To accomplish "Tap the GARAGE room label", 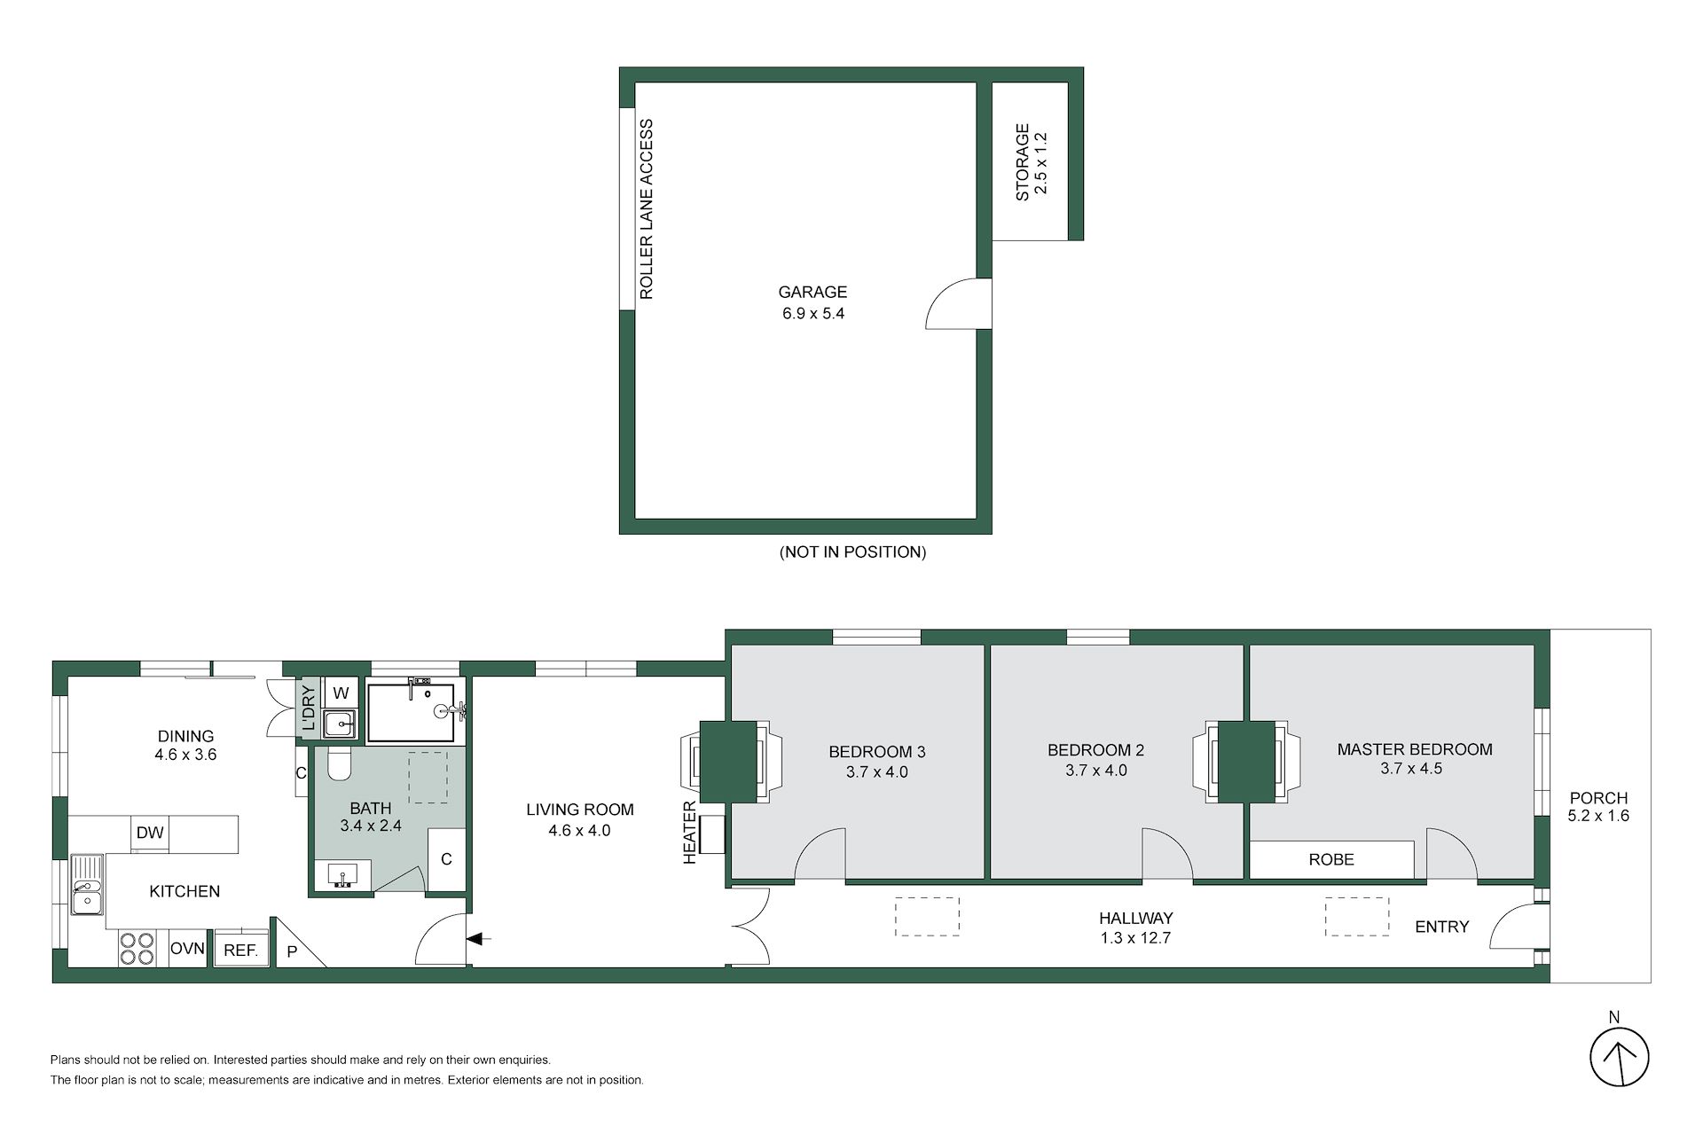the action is (x=812, y=292).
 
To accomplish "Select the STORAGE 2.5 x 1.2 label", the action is (x=1032, y=162).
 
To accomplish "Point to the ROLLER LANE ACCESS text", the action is (x=647, y=209).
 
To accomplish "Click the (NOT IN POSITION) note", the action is (x=852, y=552).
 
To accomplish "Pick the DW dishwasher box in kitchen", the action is (x=150, y=833).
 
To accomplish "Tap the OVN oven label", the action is (x=187, y=948).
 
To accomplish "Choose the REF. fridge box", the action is (x=240, y=949).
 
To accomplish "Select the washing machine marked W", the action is (x=341, y=693).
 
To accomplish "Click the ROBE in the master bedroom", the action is (x=1331, y=859).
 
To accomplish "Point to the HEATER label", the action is (x=690, y=833).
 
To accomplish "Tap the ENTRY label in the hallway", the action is (x=1442, y=927).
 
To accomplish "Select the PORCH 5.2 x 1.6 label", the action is (x=1598, y=807).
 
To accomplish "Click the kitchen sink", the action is (x=87, y=885).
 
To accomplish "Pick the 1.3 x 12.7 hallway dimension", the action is (x=1135, y=938).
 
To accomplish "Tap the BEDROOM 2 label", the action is (x=1095, y=750).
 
